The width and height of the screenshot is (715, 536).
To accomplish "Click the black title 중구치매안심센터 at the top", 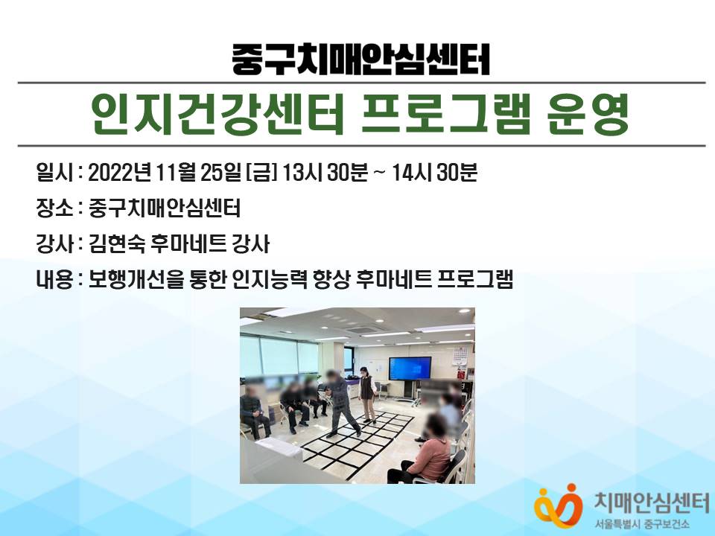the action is pyautogui.click(x=360, y=60).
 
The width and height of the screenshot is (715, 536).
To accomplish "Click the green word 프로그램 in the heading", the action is pyautogui.click(x=445, y=114).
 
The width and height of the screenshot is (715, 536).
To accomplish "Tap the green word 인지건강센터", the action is pyautogui.click(x=217, y=114).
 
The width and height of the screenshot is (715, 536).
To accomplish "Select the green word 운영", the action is pyautogui.click(x=588, y=114).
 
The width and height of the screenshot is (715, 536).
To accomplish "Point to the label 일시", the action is pyautogui.click(x=54, y=173).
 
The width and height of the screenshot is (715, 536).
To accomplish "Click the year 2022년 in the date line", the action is pyautogui.click(x=119, y=173).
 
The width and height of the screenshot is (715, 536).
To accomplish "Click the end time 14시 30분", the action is pyautogui.click(x=434, y=173).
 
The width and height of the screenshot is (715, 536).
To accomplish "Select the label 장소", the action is pyautogui.click(x=54, y=208).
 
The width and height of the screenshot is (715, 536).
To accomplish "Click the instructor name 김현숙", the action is pyautogui.click(x=117, y=244).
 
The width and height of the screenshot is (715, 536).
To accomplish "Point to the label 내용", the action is pyautogui.click(x=54, y=279).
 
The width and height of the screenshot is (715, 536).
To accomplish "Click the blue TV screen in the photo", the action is pyautogui.click(x=410, y=368).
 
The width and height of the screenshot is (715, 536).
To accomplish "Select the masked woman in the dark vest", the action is pyautogui.click(x=366, y=394).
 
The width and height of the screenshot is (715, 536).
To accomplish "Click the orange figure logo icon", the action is pyautogui.click(x=559, y=505).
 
